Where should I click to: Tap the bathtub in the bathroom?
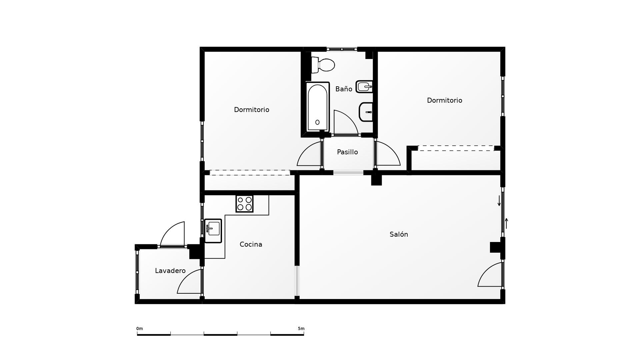click(x=317, y=107)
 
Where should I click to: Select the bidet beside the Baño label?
click(x=364, y=87)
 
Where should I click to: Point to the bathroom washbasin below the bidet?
click(x=366, y=112)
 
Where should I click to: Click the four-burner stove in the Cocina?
click(x=244, y=204)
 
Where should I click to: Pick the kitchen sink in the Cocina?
click(x=213, y=231)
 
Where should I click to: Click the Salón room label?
click(x=399, y=234)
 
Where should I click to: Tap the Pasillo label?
click(x=347, y=152)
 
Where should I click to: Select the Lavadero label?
click(x=170, y=271)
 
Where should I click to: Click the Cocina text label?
click(x=251, y=244)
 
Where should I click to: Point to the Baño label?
click(x=344, y=89)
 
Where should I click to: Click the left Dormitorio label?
click(x=251, y=110)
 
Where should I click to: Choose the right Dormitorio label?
click(x=444, y=100)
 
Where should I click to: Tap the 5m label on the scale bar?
click(x=301, y=329)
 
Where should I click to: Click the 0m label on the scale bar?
click(x=139, y=329)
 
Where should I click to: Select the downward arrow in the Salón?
click(x=499, y=201)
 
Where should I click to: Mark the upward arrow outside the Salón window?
click(x=506, y=223)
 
